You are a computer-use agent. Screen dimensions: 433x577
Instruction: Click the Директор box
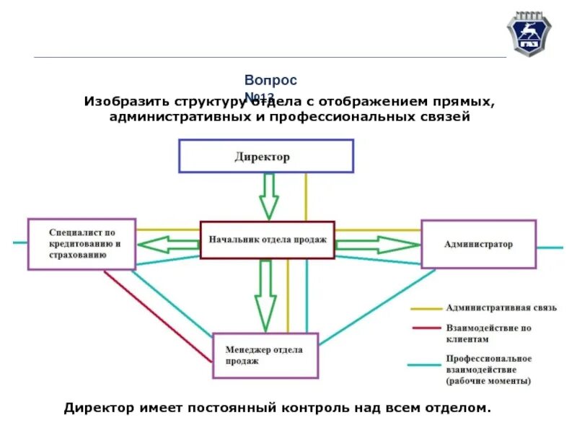coord(266,156)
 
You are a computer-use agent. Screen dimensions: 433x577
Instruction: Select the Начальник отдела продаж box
coord(267,240)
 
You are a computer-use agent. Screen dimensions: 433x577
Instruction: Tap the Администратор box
coord(478,244)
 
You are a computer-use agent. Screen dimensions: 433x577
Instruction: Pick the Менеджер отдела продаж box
coord(265,355)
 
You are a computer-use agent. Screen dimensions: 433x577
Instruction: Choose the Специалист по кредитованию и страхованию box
coord(82,244)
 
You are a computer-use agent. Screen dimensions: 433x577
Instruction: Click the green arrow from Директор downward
coord(269,196)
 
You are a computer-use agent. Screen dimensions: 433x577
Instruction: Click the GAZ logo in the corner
coord(528,34)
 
